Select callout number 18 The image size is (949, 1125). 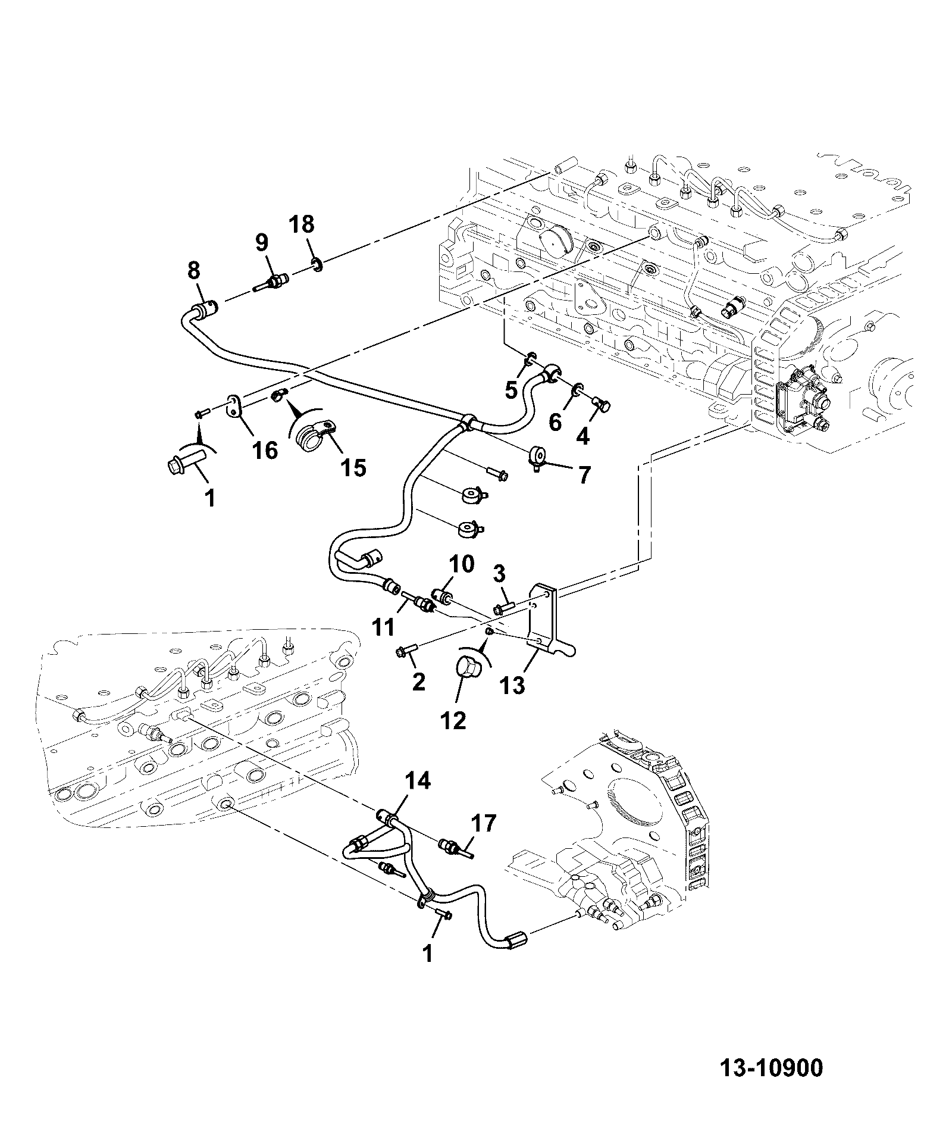click(x=302, y=225)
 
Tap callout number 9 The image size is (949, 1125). click(x=262, y=243)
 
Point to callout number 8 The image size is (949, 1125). click(x=194, y=271)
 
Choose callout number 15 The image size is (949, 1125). click(x=353, y=468)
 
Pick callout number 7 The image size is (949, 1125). click(x=584, y=474)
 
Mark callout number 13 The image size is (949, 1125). click(x=512, y=685)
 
